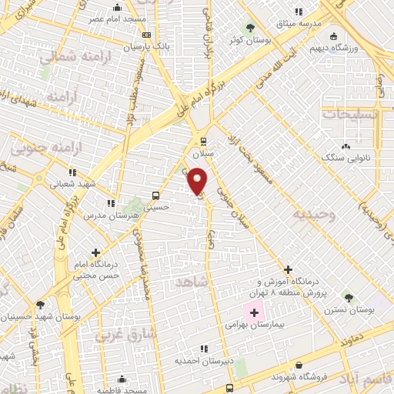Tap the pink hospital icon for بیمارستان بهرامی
click(x=254, y=312)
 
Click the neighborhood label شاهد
click(x=192, y=283)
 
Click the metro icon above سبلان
click(x=203, y=141)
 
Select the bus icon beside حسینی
click(x=156, y=195)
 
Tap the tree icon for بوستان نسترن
click(x=348, y=296)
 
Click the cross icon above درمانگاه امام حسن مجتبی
click(x=95, y=252)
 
